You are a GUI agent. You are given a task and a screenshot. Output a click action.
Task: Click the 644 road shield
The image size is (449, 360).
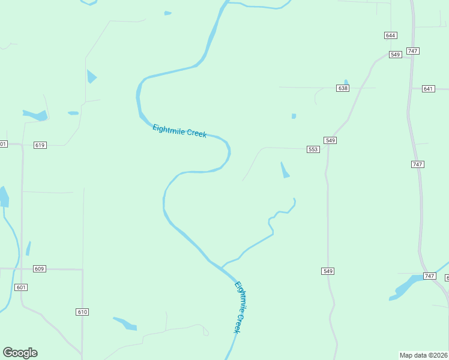[x=391, y=35]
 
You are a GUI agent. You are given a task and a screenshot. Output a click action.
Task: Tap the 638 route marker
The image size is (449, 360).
[x=343, y=88]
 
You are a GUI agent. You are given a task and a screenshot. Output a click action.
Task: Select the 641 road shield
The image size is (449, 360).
[x=428, y=89]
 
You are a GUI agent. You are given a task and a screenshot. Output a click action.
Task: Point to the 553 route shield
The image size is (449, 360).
[x=313, y=149]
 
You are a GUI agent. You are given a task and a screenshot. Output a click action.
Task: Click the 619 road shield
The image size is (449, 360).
[x=40, y=145]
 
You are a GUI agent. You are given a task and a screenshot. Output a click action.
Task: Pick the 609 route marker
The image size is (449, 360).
[x=40, y=269]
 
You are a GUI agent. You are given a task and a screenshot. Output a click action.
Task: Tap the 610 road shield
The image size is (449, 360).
[x=82, y=312]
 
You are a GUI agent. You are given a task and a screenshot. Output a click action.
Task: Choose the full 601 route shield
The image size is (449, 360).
[x=22, y=287]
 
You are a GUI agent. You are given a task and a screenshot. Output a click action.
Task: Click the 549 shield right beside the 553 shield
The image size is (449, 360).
[x=330, y=140]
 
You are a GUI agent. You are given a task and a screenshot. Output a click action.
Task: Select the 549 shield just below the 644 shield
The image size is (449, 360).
[x=395, y=55]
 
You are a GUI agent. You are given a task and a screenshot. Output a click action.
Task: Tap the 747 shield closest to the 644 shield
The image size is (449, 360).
[x=412, y=51]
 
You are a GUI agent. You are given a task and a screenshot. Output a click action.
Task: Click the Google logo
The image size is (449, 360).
[x=20, y=353]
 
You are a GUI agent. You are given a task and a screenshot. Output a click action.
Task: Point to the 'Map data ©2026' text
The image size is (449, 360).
[x=423, y=355]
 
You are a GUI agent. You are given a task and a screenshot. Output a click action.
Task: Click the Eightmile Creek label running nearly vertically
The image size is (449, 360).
[x=241, y=307]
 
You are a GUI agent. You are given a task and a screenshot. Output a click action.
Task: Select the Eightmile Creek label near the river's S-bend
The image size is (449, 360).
[x=179, y=131]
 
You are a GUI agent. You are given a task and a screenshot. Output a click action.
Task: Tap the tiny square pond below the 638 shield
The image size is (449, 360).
[x=294, y=116]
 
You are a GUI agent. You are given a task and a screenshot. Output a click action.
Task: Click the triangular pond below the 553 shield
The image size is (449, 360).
[x=285, y=171]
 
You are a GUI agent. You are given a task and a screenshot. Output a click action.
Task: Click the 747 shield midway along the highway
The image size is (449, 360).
[x=418, y=164]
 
